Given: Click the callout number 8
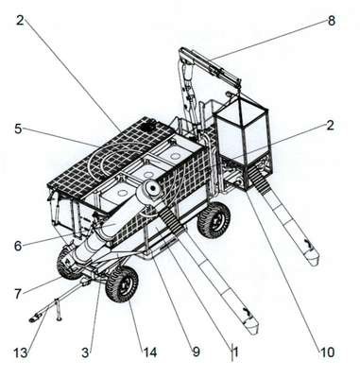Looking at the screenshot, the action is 332,21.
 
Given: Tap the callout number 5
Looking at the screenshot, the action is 19,129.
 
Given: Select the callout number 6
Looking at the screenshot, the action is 18,246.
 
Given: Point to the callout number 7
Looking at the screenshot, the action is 18,294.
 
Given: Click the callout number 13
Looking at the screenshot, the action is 21,352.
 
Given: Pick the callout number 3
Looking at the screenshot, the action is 85,352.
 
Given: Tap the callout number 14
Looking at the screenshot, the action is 150,352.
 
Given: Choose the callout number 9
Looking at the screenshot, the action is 197,352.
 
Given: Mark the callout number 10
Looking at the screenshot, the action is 328,352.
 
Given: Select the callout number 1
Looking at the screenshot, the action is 235,352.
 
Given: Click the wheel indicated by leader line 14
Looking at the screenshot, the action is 123,284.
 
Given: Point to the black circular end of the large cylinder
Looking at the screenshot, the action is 154,188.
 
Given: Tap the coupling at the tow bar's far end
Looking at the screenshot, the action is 35,318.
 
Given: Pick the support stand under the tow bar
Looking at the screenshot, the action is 57,309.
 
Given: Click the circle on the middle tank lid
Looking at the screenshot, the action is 146,174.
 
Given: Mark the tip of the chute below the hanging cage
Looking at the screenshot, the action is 312,261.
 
